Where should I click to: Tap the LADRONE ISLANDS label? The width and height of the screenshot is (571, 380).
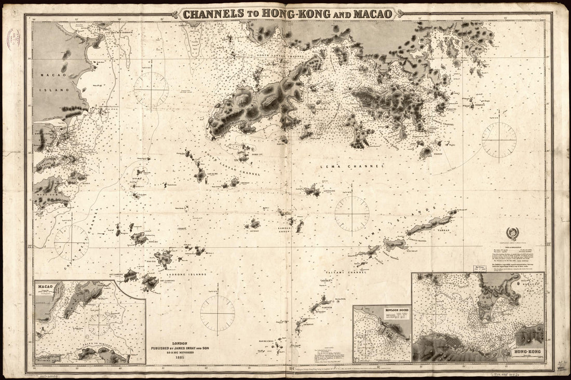pos(189,274)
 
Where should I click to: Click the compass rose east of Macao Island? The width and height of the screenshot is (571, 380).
pos(151,90)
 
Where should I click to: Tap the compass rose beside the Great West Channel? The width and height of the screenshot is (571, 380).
pos(71,242)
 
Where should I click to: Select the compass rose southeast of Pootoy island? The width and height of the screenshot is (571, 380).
pos(498,139)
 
